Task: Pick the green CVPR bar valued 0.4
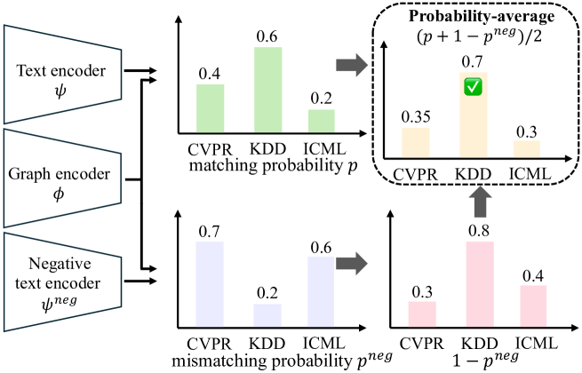(x=210, y=107)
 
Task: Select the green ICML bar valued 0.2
(x=323, y=120)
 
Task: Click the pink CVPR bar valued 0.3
(x=423, y=313)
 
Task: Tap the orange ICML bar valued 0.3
(x=528, y=149)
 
